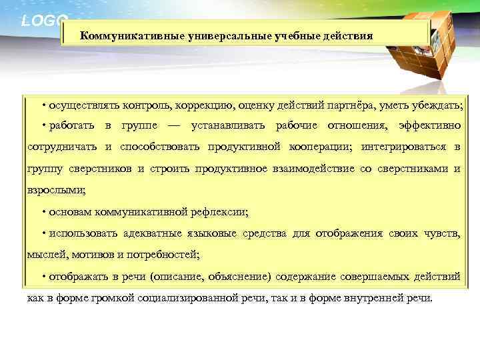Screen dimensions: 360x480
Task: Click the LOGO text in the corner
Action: [44, 20]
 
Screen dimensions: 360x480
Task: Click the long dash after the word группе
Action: [175, 126]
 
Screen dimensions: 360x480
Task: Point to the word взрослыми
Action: [55, 189]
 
